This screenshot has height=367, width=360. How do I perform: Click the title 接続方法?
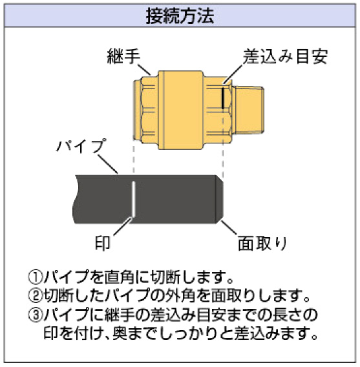click(x=180, y=16)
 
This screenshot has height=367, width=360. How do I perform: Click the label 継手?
click(x=123, y=56)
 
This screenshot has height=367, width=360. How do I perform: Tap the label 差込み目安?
click(x=285, y=56)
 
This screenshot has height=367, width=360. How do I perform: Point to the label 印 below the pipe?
click(x=102, y=243)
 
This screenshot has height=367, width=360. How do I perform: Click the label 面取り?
click(x=262, y=244)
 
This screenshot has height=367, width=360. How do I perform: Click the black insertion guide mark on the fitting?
click(x=223, y=98)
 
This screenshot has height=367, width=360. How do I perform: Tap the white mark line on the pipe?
click(x=133, y=198)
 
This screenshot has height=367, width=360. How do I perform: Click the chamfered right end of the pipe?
click(x=219, y=199)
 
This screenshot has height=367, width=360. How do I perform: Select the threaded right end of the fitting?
click(x=249, y=110)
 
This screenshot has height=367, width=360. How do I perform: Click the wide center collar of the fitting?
click(x=180, y=110)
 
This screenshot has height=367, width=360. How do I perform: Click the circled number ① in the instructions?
click(x=36, y=277)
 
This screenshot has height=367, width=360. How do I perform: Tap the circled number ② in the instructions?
click(x=36, y=296)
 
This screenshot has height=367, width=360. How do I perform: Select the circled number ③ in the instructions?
click(x=36, y=315)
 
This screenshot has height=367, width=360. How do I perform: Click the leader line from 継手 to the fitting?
click(x=144, y=69)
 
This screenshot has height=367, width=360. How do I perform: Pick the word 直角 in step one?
click(x=119, y=277)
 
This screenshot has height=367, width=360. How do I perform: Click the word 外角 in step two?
click(x=180, y=296)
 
